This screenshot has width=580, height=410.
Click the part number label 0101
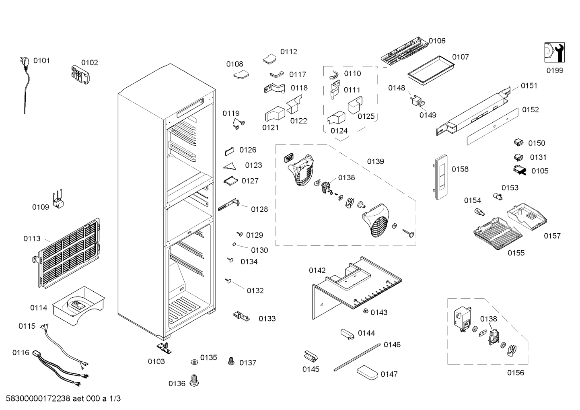point(41,61)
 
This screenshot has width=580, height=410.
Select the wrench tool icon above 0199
point(554,52)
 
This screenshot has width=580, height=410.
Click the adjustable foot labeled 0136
point(194,381)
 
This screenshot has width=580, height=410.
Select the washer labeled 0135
point(194,361)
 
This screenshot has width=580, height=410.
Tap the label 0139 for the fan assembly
point(375,161)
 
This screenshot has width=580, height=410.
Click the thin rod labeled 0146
point(357,357)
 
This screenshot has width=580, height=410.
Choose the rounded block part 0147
point(367,373)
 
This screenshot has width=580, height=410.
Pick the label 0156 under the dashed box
point(516,373)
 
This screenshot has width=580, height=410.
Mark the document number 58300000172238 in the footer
point(38,398)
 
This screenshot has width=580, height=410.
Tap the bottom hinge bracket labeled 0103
point(164,348)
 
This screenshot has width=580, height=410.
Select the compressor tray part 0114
point(78,306)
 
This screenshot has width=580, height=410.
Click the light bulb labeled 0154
point(479,213)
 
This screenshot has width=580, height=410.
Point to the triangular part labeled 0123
point(230,166)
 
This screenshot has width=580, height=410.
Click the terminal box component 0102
point(80,74)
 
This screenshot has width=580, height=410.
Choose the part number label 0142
point(317,270)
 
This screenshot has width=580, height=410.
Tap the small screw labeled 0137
point(231,361)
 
